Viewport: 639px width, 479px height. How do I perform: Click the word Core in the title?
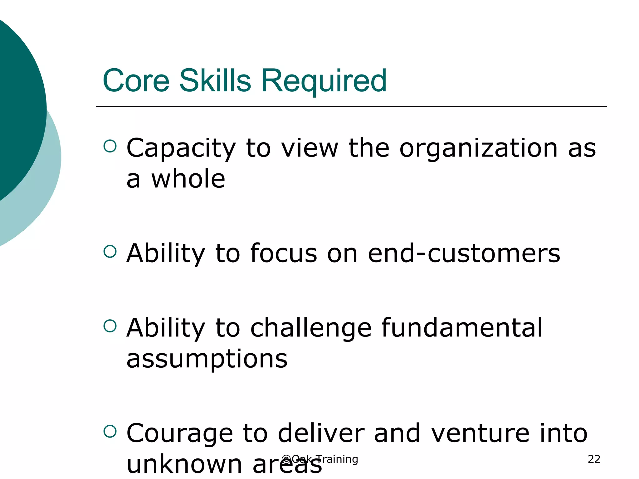coord(136,81)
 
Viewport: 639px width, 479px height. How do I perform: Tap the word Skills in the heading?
coord(215,81)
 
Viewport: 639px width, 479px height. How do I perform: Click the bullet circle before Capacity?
coord(110,146)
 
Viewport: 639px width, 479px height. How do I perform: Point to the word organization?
coord(478,148)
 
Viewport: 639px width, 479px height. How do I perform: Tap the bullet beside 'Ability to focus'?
coord(110,251)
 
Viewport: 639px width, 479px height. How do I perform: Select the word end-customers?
coord(464,253)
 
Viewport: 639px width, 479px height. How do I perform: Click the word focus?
coord(284,253)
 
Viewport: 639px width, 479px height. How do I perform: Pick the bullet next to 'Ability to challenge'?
coord(110,326)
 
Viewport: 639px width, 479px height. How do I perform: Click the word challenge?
coord(311,329)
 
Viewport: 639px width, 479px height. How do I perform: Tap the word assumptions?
coord(207,359)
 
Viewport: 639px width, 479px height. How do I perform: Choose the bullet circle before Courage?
coord(110,431)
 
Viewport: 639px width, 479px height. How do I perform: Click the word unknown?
coord(184,464)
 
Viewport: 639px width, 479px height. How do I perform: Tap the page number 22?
coord(594,459)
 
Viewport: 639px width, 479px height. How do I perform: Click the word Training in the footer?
coord(337,459)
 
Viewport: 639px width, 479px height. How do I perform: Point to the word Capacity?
coord(181,148)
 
